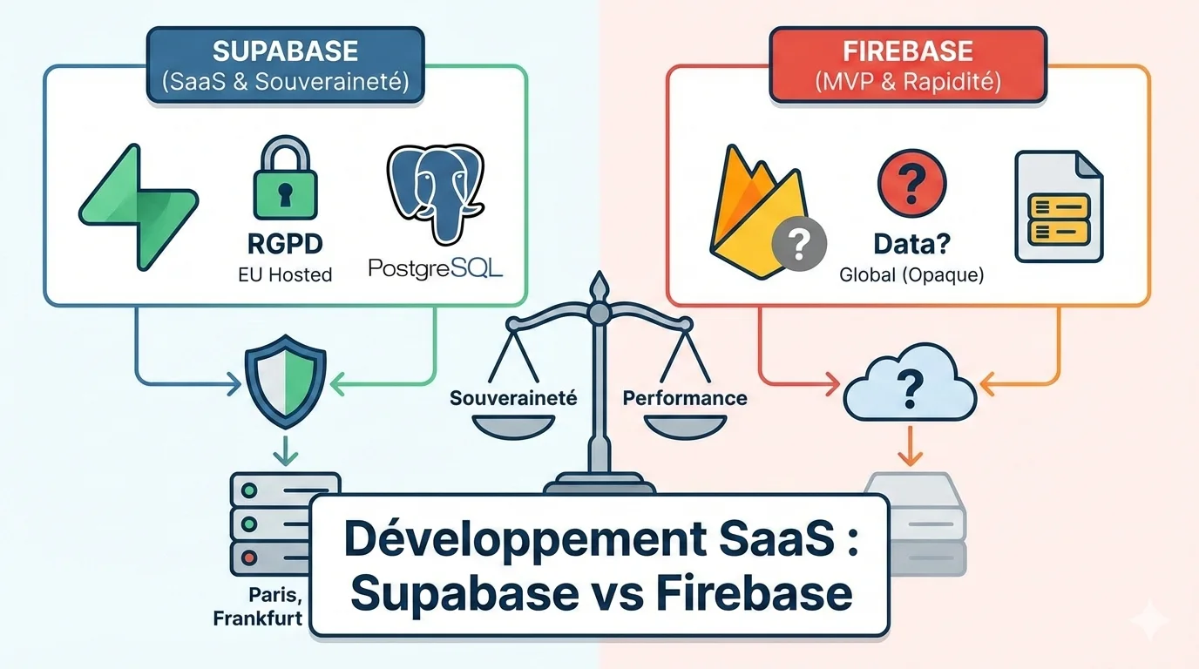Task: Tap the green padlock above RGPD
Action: (x=285, y=186)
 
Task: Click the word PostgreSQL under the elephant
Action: (x=435, y=268)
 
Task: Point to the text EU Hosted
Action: (x=285, y=275)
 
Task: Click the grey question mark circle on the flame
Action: (x=800, y=245)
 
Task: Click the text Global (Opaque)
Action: (x=911, y=275)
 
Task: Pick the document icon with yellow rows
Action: (x=1058, y=206)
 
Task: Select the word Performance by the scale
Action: (x=684, y=398)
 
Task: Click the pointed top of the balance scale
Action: (x=598, y=286)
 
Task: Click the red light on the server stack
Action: (x=251, y=557)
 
